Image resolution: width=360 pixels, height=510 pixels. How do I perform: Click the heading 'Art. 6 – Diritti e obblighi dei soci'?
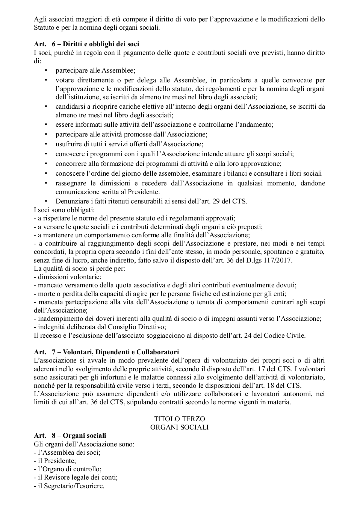[x=86, y=44]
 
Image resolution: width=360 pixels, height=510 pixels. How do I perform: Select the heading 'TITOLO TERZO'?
[x=179, y=419]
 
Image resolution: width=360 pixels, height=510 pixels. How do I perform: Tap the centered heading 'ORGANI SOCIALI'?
[x=179, y=427]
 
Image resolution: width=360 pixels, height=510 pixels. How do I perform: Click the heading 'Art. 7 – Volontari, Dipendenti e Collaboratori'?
[x=106, y=352]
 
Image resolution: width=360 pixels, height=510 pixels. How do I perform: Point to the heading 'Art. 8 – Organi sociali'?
[x=70, y=436]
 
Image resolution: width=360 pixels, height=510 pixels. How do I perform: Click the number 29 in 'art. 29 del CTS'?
[x=216, y=201]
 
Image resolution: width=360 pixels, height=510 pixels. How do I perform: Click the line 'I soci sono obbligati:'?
[x=64, y=210]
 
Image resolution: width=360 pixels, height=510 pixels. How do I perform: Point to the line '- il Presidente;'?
[x=55, y=461]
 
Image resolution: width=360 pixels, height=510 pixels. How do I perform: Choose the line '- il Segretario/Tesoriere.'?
[x=69, y=486]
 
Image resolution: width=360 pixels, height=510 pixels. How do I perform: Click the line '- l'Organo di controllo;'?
[x=68, y=469]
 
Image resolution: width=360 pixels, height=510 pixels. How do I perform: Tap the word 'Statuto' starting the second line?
[x=44, y=27]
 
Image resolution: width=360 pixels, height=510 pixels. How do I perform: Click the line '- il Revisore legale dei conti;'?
[x=76, y=477]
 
